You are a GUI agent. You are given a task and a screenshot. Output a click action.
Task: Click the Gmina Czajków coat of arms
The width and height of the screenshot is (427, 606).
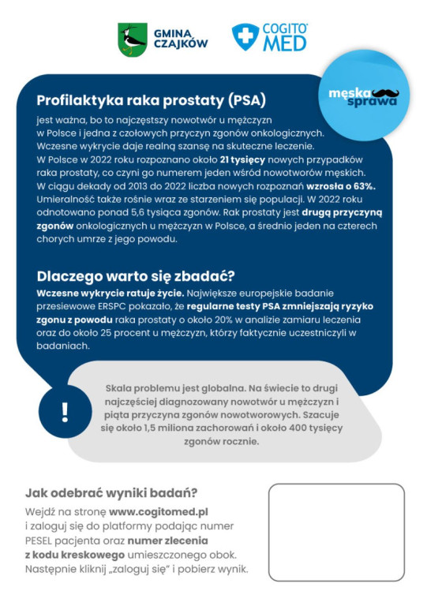pyautogui.click(x=133, y=39)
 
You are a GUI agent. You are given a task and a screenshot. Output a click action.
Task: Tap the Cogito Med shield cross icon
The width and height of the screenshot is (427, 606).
pyautogui.click(x=245, y=37)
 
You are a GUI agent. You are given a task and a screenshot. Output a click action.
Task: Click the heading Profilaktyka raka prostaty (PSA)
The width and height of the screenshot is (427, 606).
pyautogui.click(x=151, y=101)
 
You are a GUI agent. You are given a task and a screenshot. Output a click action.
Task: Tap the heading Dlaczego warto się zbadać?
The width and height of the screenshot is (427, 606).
pyautogui.click(x=135, y=276)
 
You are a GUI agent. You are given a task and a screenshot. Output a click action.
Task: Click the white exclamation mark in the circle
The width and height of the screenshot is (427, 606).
pyautogui.click(x=65, y=412)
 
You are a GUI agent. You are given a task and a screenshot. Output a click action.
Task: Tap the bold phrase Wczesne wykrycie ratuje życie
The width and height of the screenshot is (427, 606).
pyautogui.click(x=96, y=292)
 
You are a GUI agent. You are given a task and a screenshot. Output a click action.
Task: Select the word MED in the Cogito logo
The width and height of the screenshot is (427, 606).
pyautogui.click(x=284, y=43)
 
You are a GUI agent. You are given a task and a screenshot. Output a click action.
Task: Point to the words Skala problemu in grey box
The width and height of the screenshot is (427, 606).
pyautogui.click(x=140, y=387)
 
